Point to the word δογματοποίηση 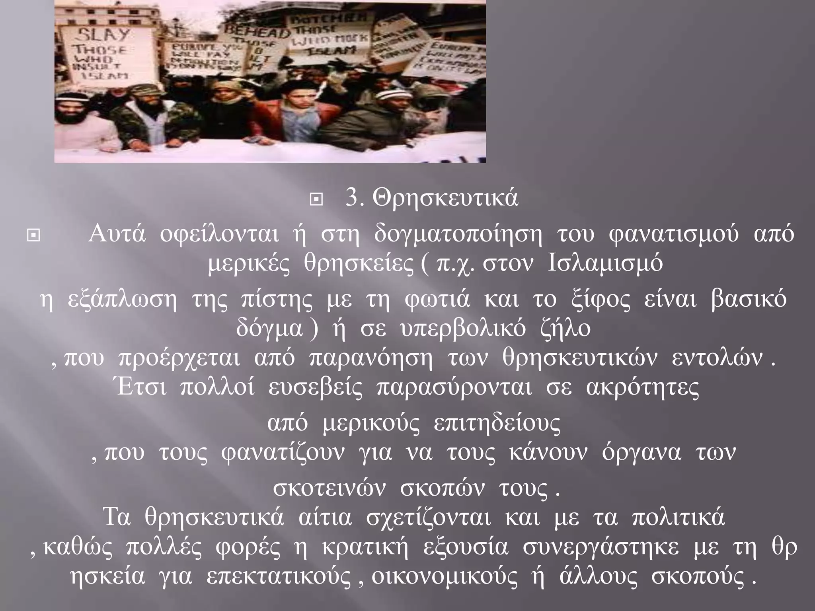pos(458,235)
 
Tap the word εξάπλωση pos(122,300)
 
